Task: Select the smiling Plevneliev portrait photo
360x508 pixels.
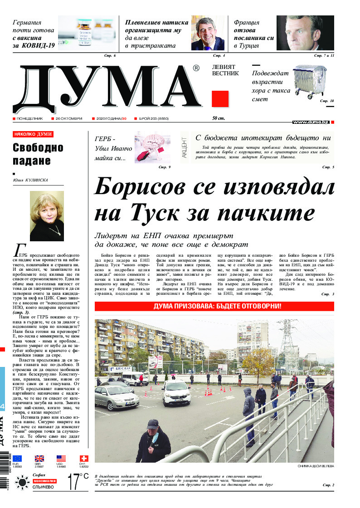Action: point(208,33)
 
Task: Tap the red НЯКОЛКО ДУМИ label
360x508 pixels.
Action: point(33,134)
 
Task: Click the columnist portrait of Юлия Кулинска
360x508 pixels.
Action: point(47,216)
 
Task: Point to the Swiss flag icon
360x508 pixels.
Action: point(84,459)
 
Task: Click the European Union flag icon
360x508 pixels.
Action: point(17,459)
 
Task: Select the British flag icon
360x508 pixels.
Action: point(39,459)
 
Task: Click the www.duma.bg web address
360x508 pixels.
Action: point(311,122)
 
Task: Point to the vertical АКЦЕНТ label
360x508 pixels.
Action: point(184,146)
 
